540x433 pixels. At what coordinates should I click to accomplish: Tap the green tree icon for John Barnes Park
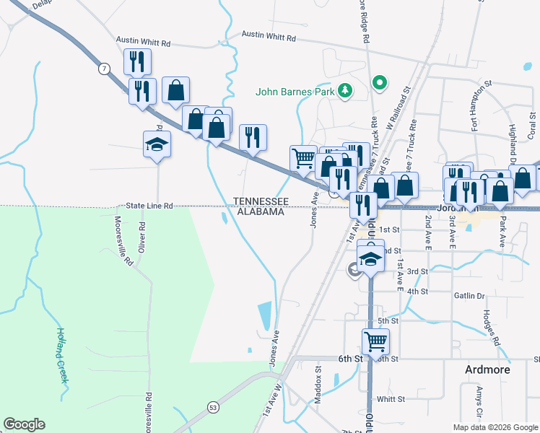(x=346, y=90)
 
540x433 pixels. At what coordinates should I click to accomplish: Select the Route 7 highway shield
(x=105, y=69)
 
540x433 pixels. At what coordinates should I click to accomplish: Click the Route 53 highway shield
(x=214, y=407)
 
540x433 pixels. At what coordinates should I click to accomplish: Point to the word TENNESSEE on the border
(x=261, y=201)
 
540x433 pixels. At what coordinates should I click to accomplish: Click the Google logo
(x=24, y=424)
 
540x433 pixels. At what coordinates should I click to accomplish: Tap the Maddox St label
(x=318, y=379)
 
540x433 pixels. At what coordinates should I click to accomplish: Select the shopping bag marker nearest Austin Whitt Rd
(x=175, y=90)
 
